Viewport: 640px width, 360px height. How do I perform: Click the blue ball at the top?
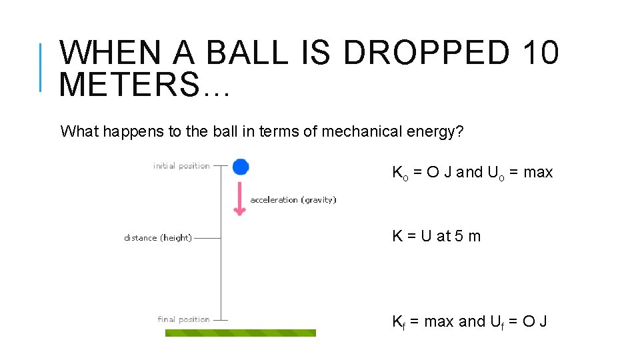pyautogui.click(x=241, y=167)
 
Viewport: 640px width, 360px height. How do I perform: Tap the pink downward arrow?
pyautogui.click(x=239, y=198)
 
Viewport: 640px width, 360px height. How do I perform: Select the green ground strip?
pyautogui.click(x=240, y=333)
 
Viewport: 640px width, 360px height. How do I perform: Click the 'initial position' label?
pyautogui.click(x=181, y=166)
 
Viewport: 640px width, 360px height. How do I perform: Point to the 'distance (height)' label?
pyautogui.click(x=158, y=238)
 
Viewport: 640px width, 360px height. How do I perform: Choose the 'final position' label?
pyautogui.click(x=183, y=319)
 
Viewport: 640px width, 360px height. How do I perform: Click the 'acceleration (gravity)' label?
pyautogui.click(x=293, y=200)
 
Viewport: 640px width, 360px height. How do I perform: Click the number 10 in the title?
pyautogui.click(x=541, y=53)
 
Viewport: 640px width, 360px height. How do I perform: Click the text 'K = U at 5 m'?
pyautogui.click(x=436, y=236)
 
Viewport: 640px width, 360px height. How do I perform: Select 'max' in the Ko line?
pyautogui.click(x=538, y=172)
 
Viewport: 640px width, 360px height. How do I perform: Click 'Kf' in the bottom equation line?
pyautogui.click(x=398, y=322)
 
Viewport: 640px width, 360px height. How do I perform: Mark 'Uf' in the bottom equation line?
pyautogui.click(x=498, y=322)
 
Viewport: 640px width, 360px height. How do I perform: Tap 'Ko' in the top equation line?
pyautogui.click(x=399, y=173)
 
